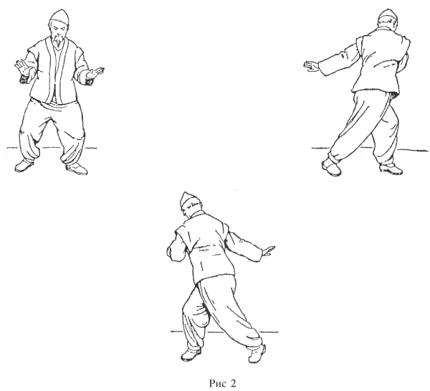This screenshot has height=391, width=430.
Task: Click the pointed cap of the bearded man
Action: point(59,17)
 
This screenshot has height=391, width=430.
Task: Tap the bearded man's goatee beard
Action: point(58,41)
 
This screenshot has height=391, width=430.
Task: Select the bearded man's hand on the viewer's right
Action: point(95,72)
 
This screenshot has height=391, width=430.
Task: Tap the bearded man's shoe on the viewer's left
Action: point(24,165)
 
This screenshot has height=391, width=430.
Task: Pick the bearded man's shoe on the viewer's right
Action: point(77,168)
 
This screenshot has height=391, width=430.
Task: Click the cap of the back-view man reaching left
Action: point(388,15)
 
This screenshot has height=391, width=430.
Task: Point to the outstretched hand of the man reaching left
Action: point(311,67)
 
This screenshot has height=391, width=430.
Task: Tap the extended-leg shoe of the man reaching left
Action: point(331,167)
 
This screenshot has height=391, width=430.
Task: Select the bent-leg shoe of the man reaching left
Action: point(391,169)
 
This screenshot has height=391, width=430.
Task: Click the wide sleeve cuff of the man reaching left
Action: point(323,68)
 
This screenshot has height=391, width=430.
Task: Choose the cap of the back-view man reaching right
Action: point(188,201)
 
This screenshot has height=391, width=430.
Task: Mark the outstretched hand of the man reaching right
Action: point(268,251)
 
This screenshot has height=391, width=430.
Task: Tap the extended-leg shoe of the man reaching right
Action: point(257,354)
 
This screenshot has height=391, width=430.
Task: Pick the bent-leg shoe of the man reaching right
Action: point(191,354)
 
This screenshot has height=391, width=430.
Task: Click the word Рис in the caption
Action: point(217,383)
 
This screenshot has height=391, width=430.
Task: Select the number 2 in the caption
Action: point(233,383)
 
